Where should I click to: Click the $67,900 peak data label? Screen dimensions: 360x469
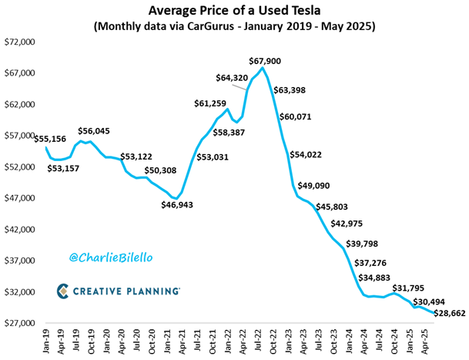coord(267,60)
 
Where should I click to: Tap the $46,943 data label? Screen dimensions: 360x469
coord(179,205)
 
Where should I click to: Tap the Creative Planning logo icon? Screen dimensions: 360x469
coord(64,291)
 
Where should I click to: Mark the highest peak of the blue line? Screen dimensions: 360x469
coord(263,69)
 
